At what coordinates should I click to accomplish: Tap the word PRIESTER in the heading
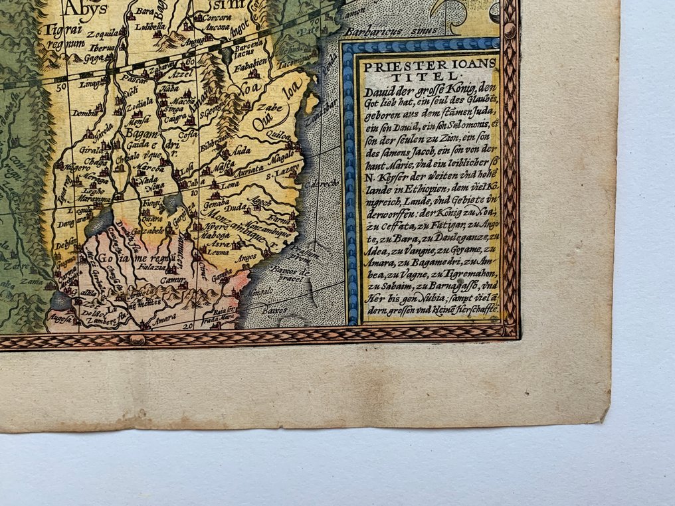pyautogui.click(x=396, y=65)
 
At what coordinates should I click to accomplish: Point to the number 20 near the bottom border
pyautogui.click(x=189, y=326)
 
